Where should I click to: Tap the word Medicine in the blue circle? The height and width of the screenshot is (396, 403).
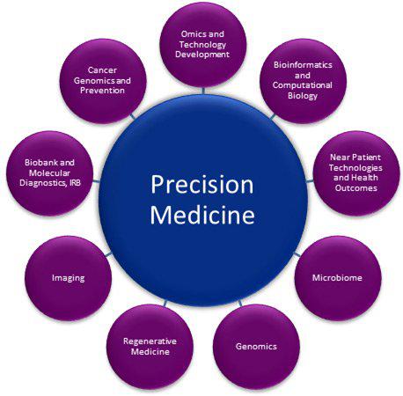(202, 215)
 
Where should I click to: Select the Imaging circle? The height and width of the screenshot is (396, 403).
(69, 278)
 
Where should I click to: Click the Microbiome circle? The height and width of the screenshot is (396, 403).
(338, 278)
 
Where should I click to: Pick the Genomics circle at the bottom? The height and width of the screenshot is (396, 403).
(256, 347)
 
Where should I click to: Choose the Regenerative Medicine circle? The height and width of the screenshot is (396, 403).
(150, 347)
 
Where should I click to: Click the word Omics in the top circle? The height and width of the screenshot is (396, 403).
(191, 34)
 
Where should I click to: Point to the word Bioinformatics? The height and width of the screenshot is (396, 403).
(303, 65)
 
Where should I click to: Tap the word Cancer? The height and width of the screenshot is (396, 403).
(102, 70)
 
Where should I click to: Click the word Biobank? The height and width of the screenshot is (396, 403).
(39, 163)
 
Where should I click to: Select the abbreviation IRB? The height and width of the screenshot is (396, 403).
(74, 183)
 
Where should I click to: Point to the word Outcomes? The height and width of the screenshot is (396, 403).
(356, 188)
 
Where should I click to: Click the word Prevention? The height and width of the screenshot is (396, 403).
(102, 91)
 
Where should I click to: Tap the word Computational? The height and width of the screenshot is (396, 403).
(303, 85)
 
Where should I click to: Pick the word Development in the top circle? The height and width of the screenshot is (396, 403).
(202, 55)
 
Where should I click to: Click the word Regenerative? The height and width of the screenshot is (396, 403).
(150, 341)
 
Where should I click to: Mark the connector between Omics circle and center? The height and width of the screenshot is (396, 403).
(203, 91)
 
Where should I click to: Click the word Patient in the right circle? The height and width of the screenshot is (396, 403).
(367, 158)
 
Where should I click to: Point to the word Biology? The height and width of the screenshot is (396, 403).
(303, 96)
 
